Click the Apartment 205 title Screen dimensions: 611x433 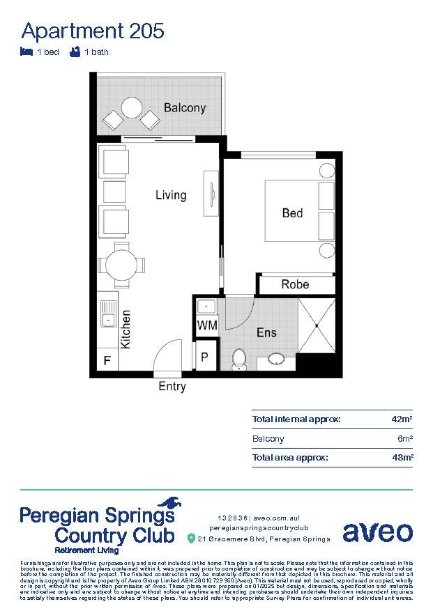pos(93,31)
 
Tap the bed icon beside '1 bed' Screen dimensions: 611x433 pos(27,52)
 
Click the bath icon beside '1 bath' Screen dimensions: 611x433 pos(75,52)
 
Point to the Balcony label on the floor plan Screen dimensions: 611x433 pos(185,108)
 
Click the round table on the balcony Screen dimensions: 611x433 pos(131,107)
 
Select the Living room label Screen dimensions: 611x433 pos(171,195)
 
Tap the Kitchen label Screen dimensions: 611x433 pos(126,330)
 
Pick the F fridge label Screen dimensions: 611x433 pos(107,361)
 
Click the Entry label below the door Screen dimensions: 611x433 pos(172,386)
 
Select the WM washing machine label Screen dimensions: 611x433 pos(207,325)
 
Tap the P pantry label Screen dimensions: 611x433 pos(205,357)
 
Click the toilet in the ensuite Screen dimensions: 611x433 pos(239,358)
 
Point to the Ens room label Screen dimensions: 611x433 pos(266,333)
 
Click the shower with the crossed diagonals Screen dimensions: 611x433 pos(317,325)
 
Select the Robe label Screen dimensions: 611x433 pos(295,284)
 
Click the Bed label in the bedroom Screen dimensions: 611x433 pos(292,213)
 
